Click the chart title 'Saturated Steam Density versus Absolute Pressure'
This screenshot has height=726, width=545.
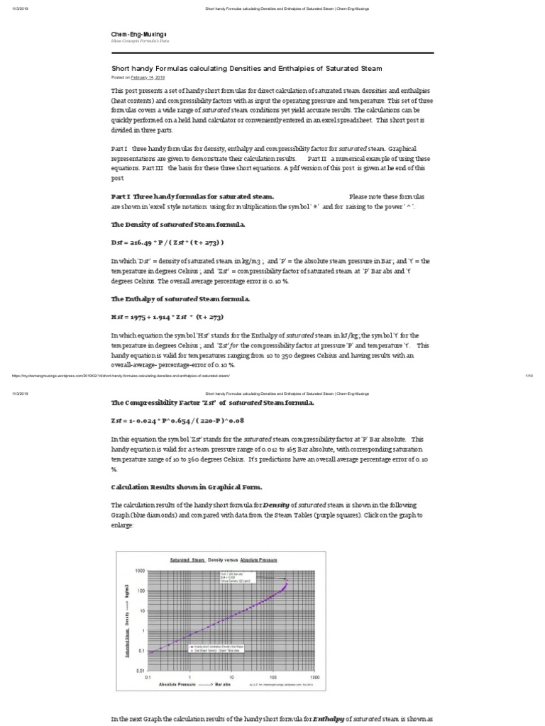point(223,559)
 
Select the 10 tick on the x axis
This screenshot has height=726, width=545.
point(231,677)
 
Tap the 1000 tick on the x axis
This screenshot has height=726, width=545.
point(314,677)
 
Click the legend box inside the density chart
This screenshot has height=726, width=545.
point(215,648)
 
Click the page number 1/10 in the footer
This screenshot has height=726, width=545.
point(528,376)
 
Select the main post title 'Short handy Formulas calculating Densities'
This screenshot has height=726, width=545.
point(246,68)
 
